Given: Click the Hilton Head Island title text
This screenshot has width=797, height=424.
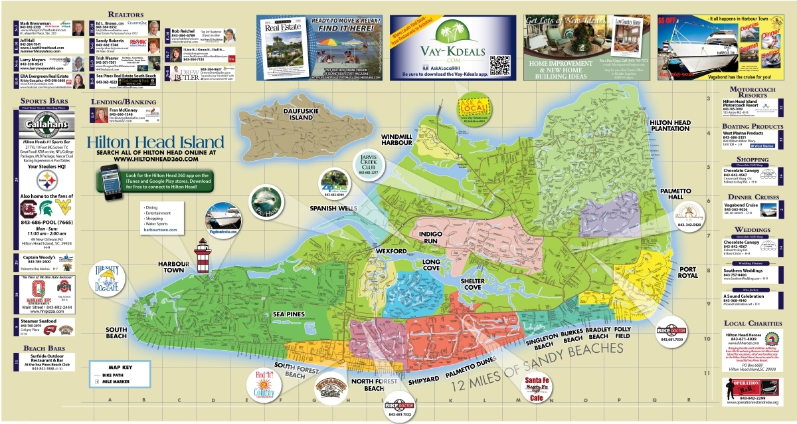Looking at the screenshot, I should click(x=155, y=142).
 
